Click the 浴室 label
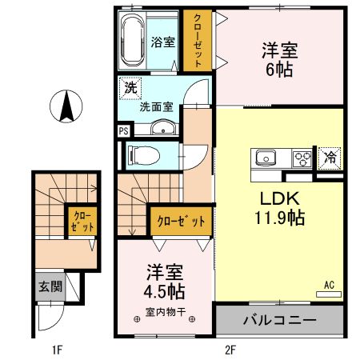(x=163, y=42)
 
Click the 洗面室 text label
(x=155, y=104)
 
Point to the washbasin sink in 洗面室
(x=163, y=128)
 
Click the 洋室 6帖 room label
(x=279, y=59)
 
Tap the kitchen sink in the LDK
(x=266, y=157)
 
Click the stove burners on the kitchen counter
(x=302, y=157)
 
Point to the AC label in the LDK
(x=328, y=284)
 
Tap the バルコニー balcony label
(x=279, y=320)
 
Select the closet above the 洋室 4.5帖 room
(x=181, y=220)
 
